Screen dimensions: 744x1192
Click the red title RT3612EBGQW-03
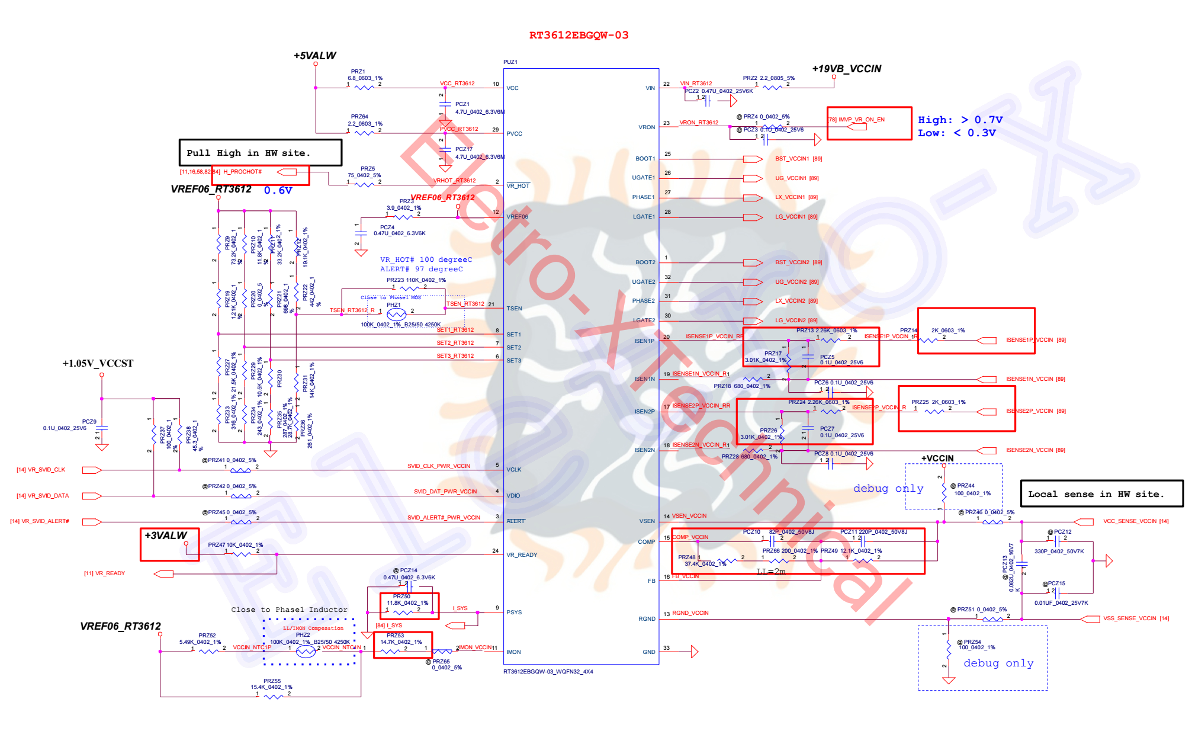579,36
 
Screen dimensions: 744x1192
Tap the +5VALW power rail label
314,56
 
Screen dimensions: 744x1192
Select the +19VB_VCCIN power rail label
846,69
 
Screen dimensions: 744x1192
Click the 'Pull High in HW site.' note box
260,153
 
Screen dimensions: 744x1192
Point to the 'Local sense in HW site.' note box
1101,494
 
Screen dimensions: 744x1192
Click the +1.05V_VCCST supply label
98,363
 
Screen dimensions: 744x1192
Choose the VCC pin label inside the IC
512,88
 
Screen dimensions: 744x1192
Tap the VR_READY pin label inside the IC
522,555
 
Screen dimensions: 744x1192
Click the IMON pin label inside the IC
513,652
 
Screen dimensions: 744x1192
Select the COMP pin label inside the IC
646,542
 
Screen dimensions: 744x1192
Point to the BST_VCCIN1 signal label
792,159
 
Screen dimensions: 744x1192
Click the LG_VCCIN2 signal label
792,320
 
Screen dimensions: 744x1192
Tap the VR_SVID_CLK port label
41,470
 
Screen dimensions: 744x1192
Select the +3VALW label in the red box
166,535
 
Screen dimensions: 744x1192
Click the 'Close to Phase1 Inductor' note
289,610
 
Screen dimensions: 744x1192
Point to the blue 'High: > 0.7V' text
960,120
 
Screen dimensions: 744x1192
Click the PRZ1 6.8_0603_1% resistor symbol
364,88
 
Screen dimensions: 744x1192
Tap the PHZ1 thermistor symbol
396,314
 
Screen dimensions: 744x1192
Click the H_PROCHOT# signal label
242,172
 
